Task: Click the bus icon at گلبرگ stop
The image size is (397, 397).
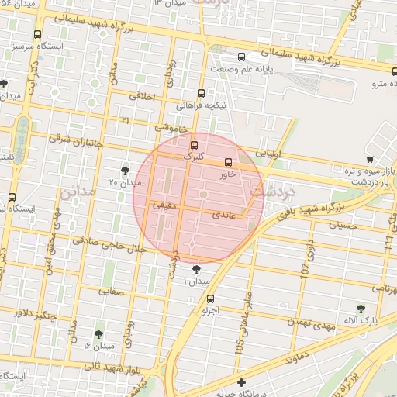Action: tap(194, 144)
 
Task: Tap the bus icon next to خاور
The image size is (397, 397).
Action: tap(228, 163)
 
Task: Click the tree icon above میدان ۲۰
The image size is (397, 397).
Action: tap(126, 170)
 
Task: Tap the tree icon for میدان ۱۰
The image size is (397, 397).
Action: tap(196, 269)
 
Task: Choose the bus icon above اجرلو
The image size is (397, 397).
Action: tap(211, 298)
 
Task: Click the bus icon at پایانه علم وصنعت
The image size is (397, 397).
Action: tap(242, 57)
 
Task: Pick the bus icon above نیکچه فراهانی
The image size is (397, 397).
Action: tap(202, 92)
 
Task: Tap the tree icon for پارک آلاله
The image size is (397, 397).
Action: tap(360, 308)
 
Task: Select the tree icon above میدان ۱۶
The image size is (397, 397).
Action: tap(98, 334)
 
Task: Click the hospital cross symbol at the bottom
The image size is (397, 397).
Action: tap(242, 382)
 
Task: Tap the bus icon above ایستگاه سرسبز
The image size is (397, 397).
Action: tap(37, 34)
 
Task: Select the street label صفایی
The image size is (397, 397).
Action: tap(111, 292)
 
